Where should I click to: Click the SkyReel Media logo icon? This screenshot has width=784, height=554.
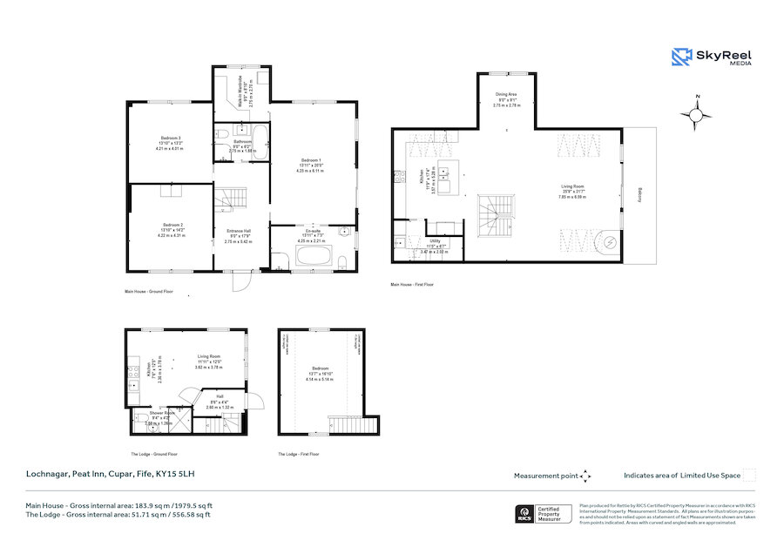(680, 57)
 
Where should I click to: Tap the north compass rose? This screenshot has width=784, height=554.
(697, 113)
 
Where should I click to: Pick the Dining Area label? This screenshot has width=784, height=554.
(507, 99)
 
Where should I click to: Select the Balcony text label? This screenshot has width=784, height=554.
(639, 198)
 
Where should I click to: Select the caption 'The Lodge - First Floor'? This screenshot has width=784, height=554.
(300, 454)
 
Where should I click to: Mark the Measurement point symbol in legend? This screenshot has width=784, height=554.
(586, 476)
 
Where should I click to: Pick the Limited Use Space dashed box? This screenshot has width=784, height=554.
(749, 475)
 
